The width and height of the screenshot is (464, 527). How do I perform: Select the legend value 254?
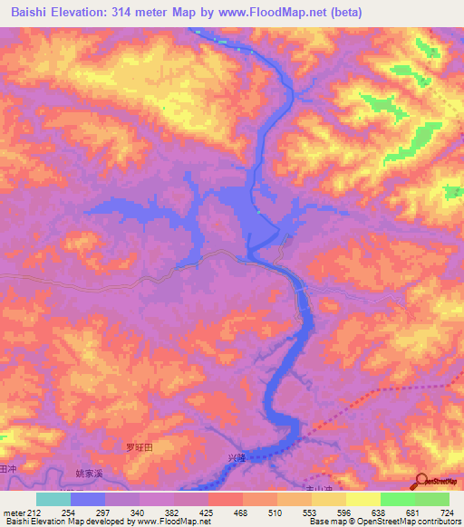71,512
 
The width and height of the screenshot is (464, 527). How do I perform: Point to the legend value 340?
139,512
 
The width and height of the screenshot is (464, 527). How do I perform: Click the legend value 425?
208,512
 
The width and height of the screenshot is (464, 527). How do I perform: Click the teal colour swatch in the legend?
53,499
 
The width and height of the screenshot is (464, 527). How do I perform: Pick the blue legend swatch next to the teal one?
88,499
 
